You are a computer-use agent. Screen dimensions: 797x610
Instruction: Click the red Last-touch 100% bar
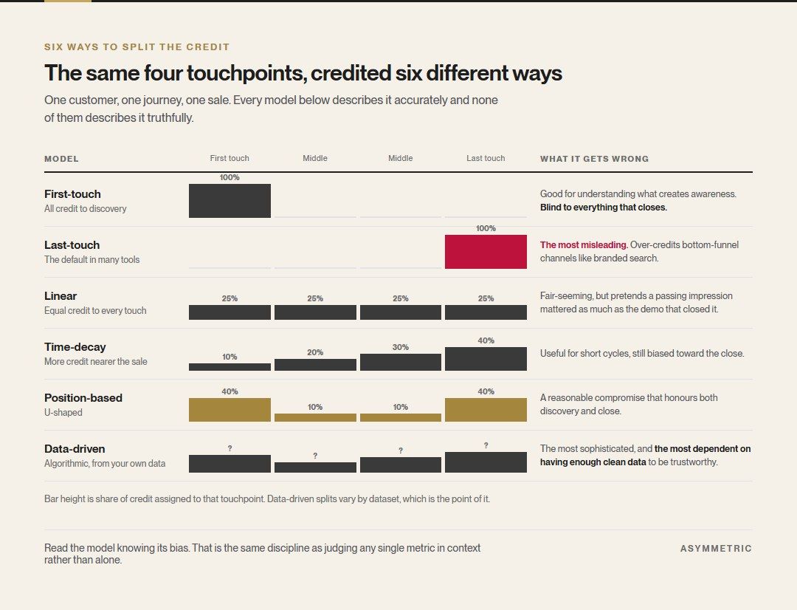486,252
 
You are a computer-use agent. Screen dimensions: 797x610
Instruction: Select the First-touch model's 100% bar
230,201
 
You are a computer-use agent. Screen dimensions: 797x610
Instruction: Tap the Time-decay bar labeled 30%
401,363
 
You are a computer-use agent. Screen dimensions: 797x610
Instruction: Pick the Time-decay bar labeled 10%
230,367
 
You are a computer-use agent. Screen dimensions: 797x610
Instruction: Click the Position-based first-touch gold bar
230,410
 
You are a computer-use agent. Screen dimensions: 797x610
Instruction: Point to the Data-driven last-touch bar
486,462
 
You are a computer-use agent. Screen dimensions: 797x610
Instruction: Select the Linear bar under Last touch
486,312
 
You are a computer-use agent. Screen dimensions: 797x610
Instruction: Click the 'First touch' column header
230,158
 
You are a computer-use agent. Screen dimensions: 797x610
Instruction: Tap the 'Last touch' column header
486,158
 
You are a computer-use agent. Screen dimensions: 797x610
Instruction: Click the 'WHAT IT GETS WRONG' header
594,159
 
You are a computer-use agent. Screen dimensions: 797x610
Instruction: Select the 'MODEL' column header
61,159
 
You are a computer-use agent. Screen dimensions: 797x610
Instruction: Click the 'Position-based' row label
83,398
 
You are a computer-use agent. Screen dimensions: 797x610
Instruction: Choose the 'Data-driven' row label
75,449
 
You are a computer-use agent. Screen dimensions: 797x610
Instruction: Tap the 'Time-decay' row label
75,347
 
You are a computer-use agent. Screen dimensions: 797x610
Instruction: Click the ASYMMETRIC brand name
716,549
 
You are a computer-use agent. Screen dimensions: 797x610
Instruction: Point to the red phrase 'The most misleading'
583,244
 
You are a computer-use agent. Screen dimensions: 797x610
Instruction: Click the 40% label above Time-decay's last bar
486,340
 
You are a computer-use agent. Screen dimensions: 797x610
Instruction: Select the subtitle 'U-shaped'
63,412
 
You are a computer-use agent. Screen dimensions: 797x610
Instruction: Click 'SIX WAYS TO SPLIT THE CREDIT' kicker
137,47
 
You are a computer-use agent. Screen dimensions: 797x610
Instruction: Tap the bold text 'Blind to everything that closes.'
604,207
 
